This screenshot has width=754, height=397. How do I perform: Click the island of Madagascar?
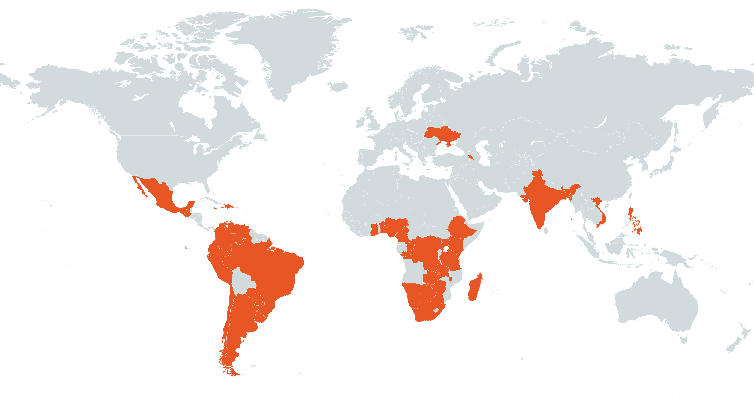pos(474,288)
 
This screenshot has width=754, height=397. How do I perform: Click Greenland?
pos(293,50)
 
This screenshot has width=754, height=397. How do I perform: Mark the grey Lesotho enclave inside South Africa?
pos(436,310)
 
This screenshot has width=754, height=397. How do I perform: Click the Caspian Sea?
pos(483,152)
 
